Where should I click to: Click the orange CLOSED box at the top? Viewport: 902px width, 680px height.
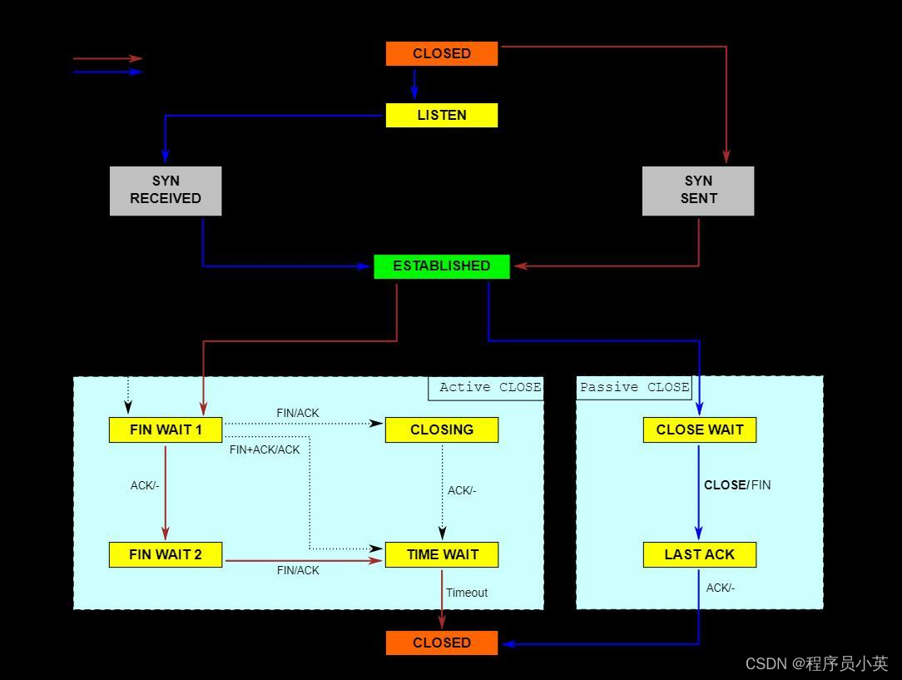[x=442, y=53]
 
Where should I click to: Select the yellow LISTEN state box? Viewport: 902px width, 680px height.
[x=442, y=115]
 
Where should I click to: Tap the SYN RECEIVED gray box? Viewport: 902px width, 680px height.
[x=166, y=191]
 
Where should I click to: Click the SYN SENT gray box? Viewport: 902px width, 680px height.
[x=698, y=191]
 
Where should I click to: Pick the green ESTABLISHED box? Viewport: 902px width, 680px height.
[x=442, y=266]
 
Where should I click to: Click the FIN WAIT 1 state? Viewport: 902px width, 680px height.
[x=166, y=429]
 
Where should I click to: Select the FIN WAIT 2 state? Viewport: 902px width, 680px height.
[x=166, y=554]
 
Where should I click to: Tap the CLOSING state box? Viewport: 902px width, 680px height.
[x=442, y=429]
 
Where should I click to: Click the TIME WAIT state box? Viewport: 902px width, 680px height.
[x=442, y=554]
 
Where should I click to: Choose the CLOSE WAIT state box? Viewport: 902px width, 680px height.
[x=700, y=429]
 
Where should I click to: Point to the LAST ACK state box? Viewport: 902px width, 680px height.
[x=700, y=554]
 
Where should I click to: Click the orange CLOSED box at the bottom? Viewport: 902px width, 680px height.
[x=442, y=643]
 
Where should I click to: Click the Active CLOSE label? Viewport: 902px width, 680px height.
[x=489, y=387]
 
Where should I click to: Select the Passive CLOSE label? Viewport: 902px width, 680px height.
[x=634, y=387]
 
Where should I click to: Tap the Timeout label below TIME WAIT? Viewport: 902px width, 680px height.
[x=467, y=593]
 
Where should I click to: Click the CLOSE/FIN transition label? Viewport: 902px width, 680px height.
[x=737, y=484]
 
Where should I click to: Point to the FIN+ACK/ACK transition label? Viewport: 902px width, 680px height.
[x=265, y=449]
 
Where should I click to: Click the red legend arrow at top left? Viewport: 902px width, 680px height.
[x=108, y=58]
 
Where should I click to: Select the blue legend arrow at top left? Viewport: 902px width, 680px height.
[x=108, y=72]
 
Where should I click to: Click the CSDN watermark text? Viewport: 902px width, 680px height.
[x=816, y=663]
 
